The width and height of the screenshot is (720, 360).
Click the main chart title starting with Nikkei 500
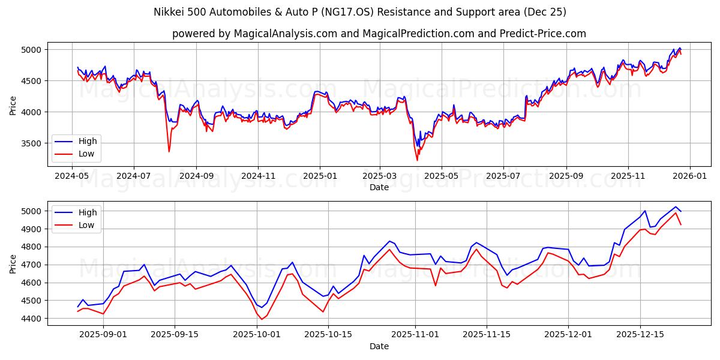point(360,12)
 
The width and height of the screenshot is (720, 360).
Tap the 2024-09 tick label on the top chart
point(196,176)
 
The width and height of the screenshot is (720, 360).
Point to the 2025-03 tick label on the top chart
point(380,176)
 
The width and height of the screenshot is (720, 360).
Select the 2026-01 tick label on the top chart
point(689,176)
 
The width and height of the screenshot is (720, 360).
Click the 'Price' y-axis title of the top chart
point(13,105)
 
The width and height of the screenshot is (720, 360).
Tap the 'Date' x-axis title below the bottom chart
point(379,346)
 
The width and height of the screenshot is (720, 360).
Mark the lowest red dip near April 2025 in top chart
point(417,160)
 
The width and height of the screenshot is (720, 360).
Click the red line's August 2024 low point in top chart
point(169,151)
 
